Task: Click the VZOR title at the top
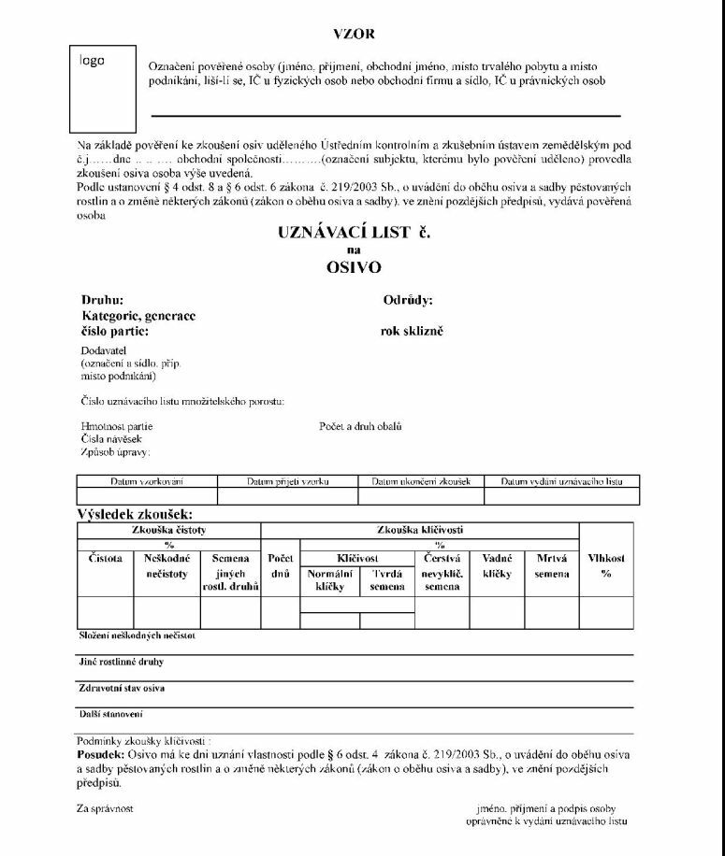(x=354, y=34)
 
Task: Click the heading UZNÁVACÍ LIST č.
(x=354, y=234)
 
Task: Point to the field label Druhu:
(x=102, y=301)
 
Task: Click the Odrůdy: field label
(x=407, y=301)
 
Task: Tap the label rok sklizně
(x=412, y=331)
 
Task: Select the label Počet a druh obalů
(x=360, y=426)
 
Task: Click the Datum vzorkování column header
(x=147, y=481)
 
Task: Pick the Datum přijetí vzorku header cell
(x=287, y=481)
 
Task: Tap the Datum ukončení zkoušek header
(x=427, y=481)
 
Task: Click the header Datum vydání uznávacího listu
(x=560, y=481)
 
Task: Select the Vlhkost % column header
(x=605, y=565)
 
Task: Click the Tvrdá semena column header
(x=387, y=580)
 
